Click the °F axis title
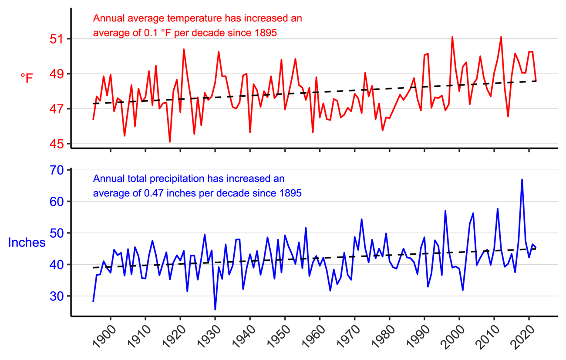click(x=27, y=78)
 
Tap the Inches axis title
click(x=27, y=242)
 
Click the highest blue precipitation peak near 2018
click(x=522, y=179)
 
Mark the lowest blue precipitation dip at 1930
click(x=215, y=310)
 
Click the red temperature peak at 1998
click(x=452, y=37)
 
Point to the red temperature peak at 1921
click(x=184, y=49)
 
